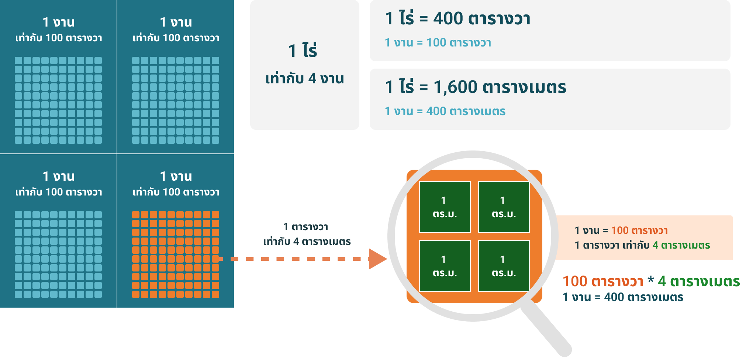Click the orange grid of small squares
point(176,254)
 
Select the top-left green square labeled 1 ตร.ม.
point(445,207)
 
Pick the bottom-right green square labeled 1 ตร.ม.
point(504,266)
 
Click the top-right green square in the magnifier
point(504,207)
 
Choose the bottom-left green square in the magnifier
point(445,266)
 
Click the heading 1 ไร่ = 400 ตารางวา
point(457,18)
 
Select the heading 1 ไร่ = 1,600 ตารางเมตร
point(475,87)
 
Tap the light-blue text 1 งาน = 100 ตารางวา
point(438,43)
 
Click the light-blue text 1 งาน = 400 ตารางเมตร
point(445,111)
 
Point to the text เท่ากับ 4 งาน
point(304,79)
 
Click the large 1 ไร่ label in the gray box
point(303,51)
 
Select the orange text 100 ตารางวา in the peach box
point(639,231)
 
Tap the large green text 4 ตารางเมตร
point(699,281)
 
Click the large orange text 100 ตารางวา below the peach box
point(603,281)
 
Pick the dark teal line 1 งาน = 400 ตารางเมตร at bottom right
point(623,297)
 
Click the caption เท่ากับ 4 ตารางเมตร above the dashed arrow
point(307,242)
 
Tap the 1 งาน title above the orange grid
point(176,176)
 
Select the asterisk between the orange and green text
point(650,280)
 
